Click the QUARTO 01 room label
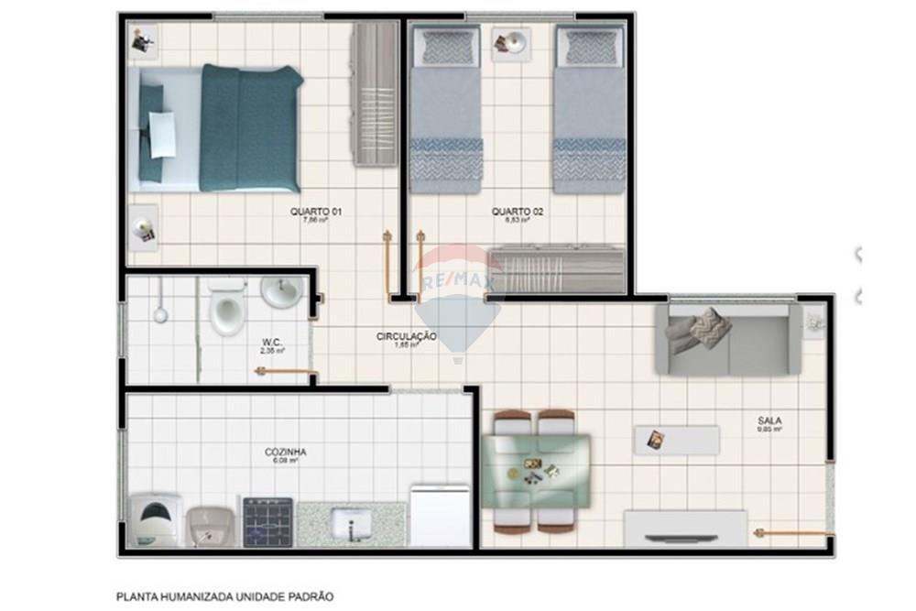(316, 212)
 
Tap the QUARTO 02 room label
(518, 212)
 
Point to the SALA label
(769, 421)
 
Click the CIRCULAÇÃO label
(406, 337)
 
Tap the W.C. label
(272, 343)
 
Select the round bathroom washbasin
(282, 292)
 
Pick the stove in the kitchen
(267, 522)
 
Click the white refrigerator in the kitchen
(441, 516)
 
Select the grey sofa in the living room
(728, 340)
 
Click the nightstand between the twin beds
(510, 43)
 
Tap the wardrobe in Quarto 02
(557, 269)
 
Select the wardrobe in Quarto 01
(376, 94)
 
